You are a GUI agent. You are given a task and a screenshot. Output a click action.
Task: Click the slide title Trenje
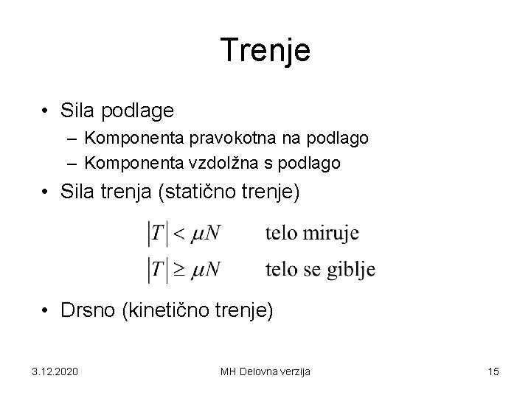pos(265,51)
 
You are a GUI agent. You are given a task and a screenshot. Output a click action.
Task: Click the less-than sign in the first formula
pos(178,234)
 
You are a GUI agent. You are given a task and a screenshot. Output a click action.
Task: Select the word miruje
pos(331,234)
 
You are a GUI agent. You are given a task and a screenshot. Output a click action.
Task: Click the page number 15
pos(493,371)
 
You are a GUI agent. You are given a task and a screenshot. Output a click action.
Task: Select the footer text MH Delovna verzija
pos(265,371)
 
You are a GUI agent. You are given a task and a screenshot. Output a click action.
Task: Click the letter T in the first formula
pos(158,234)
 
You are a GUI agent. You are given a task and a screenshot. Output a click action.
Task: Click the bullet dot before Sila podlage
pos(46,111)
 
